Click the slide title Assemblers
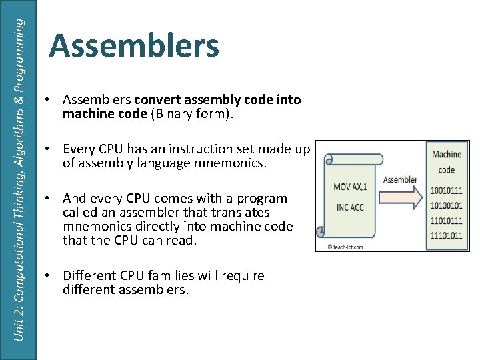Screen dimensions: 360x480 (134, 47)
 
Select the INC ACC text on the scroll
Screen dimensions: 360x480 (350, 207)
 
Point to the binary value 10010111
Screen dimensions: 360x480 (446, 191)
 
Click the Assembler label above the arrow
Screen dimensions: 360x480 (400, 179)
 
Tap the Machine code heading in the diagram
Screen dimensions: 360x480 (446, 161)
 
